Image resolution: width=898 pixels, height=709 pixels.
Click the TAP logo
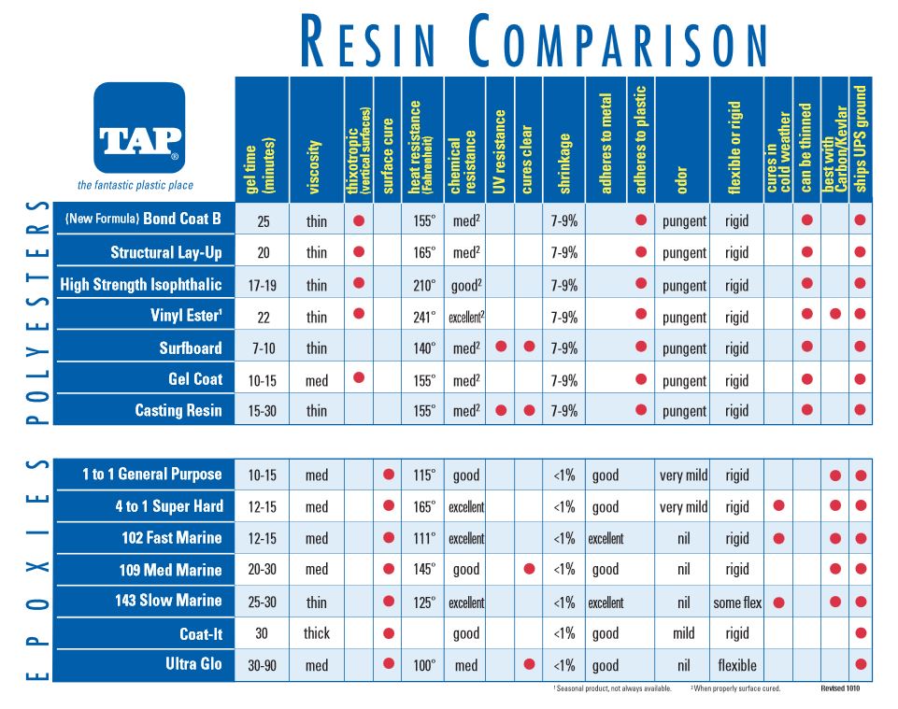tap(139, 128)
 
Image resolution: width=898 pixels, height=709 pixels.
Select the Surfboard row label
tap(190, 348)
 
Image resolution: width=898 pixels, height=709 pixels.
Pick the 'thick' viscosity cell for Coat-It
tap(317, 633)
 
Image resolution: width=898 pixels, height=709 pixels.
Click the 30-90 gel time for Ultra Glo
tap(262, 666)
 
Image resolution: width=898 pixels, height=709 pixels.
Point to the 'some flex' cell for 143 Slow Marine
tap(737, 603)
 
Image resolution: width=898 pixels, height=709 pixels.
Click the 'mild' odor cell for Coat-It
tap(683, 633)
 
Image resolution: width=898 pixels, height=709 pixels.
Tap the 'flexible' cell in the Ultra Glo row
tap(737, 666)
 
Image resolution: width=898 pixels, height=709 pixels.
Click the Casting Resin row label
tap(178, 411)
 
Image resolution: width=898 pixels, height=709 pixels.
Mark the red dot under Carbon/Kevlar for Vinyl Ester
tap(834, 315)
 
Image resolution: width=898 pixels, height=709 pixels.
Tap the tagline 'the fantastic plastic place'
tap(135, 185)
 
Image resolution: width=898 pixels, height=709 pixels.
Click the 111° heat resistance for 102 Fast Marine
tap(424, 538)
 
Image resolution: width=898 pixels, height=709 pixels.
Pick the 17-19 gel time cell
tap(262, 285)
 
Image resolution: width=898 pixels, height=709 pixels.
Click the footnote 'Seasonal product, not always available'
tap(613, 688)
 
